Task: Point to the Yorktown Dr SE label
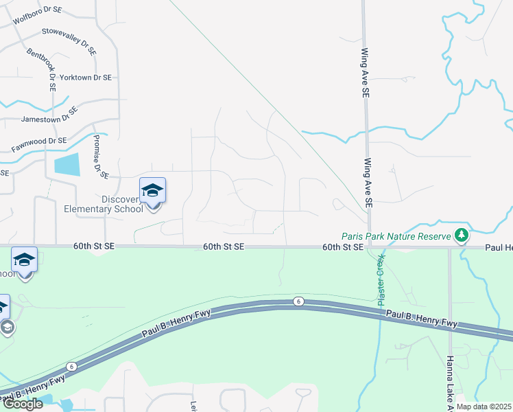coord(86,78)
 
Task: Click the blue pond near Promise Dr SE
coord(67,164)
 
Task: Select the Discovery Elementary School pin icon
coord(152,192)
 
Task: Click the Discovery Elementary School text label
coord(104,205)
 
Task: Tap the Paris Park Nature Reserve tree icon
coord(462,236)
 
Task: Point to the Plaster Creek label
coord(380,281)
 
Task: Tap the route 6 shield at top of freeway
coord(298,301)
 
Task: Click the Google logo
coord(23,404)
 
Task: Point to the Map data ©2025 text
coord(484,407)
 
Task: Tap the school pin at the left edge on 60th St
coord(24,260)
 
